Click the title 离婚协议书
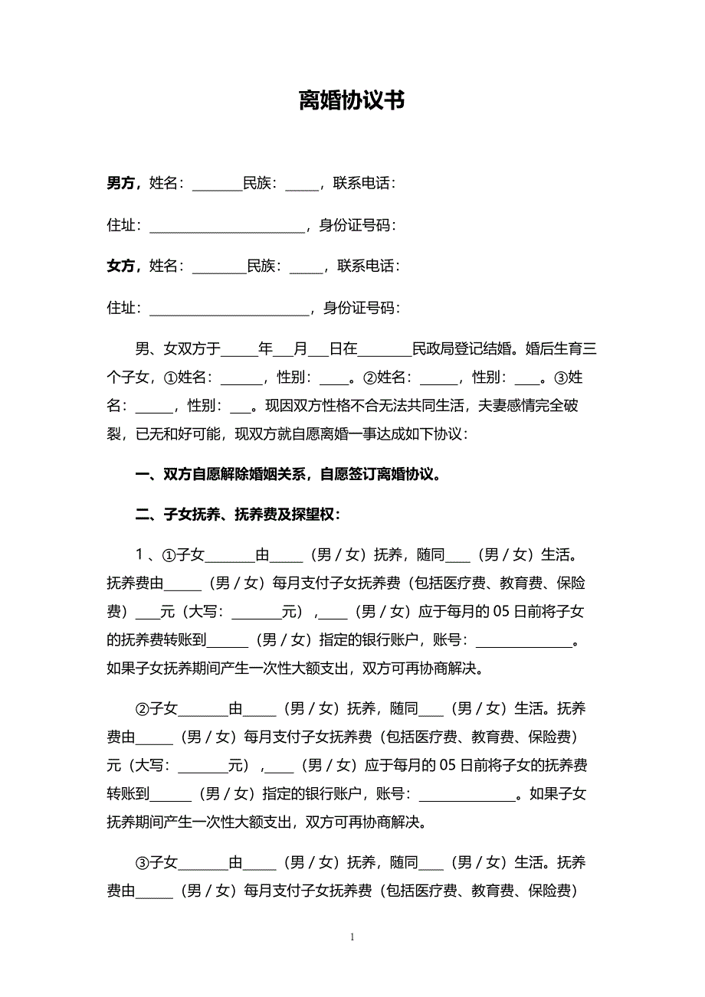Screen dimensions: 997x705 pos(352,101)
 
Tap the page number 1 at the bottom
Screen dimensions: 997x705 pos(352,937)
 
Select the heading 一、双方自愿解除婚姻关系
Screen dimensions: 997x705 pos(288,474)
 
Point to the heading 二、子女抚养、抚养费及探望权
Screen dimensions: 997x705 pos(238,515)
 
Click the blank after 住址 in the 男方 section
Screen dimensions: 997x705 pos(227,227)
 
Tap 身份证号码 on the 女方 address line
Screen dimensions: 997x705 pos(361,308)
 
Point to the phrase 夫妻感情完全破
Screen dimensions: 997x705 pos(528,406)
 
